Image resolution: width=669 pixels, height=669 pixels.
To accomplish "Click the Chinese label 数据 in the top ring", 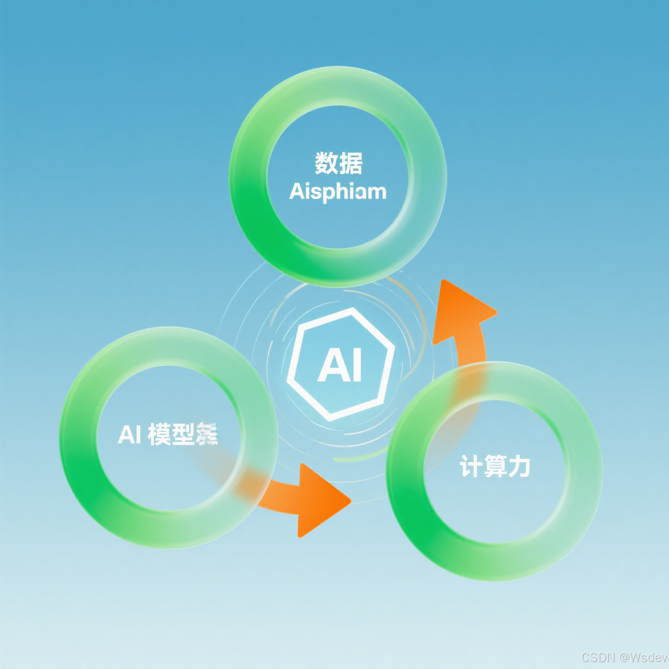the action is click(338, 163).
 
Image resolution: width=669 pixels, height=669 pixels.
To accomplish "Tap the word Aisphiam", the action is click(338, 192).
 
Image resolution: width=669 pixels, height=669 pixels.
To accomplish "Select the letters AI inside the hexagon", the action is click(340, 366).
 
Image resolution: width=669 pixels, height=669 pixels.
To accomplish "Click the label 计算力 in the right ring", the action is click(495, 466).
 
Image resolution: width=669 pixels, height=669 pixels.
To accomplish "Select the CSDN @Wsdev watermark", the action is click(624, 657).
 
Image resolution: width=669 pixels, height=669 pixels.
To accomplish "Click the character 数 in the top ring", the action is click(327, 163).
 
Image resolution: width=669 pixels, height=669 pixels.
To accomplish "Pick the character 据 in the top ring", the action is click(351, 163).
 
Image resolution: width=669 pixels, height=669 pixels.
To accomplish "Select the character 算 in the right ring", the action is click(495, 466).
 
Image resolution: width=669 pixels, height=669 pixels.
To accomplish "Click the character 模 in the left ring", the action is click(159, 434).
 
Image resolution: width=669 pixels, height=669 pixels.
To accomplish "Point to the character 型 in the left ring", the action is click(183, 434).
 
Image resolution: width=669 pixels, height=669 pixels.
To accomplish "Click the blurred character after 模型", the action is click(207, 434).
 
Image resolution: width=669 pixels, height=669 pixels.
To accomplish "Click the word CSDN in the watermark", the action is click(598, 657).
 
